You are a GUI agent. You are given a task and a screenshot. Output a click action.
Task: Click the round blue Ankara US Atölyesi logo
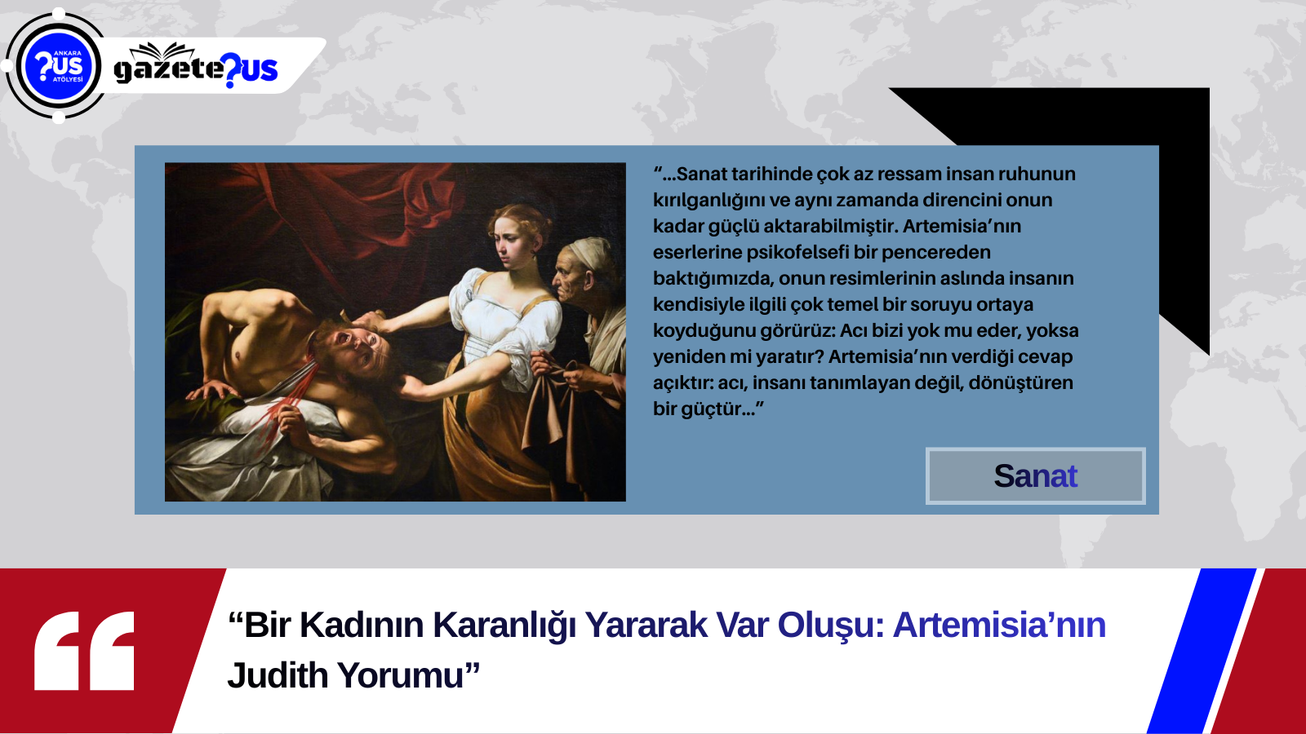(58, 66)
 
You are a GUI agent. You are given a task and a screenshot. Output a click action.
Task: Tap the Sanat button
(1036, 476)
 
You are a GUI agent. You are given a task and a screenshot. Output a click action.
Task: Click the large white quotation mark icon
(84, 651)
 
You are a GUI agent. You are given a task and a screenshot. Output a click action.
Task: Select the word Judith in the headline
(278, 675)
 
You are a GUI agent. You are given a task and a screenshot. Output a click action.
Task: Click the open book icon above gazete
(162, 51)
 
